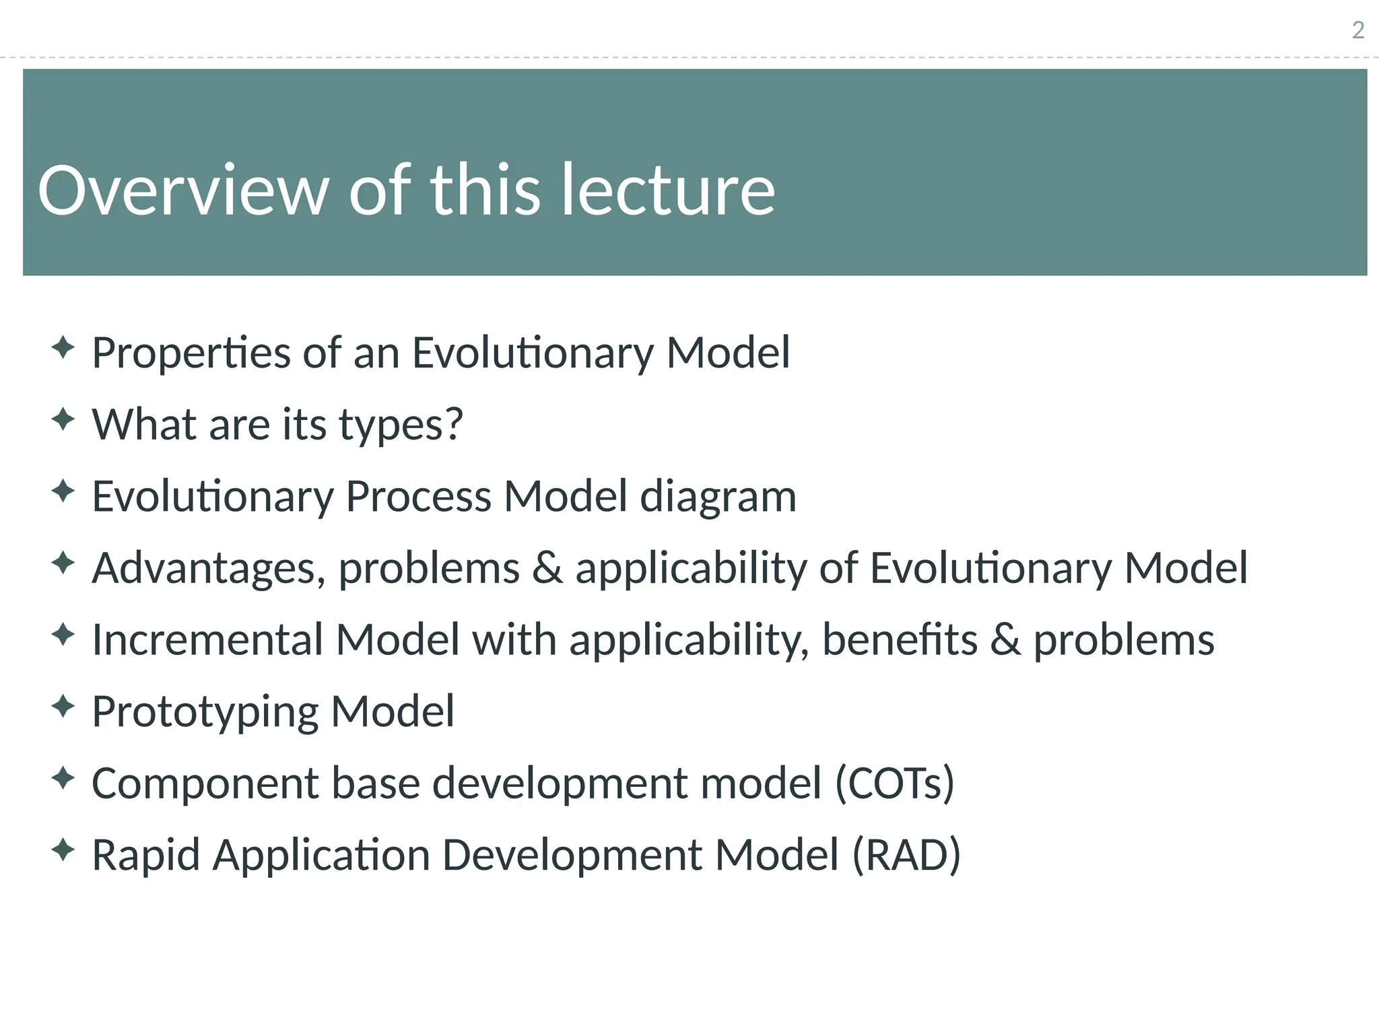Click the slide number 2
1358,30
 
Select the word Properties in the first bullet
191,353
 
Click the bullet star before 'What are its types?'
63,420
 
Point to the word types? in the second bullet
401,425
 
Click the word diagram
718,497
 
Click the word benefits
900,640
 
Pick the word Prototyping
205,712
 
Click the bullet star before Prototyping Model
63,707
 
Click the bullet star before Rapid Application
63,850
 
